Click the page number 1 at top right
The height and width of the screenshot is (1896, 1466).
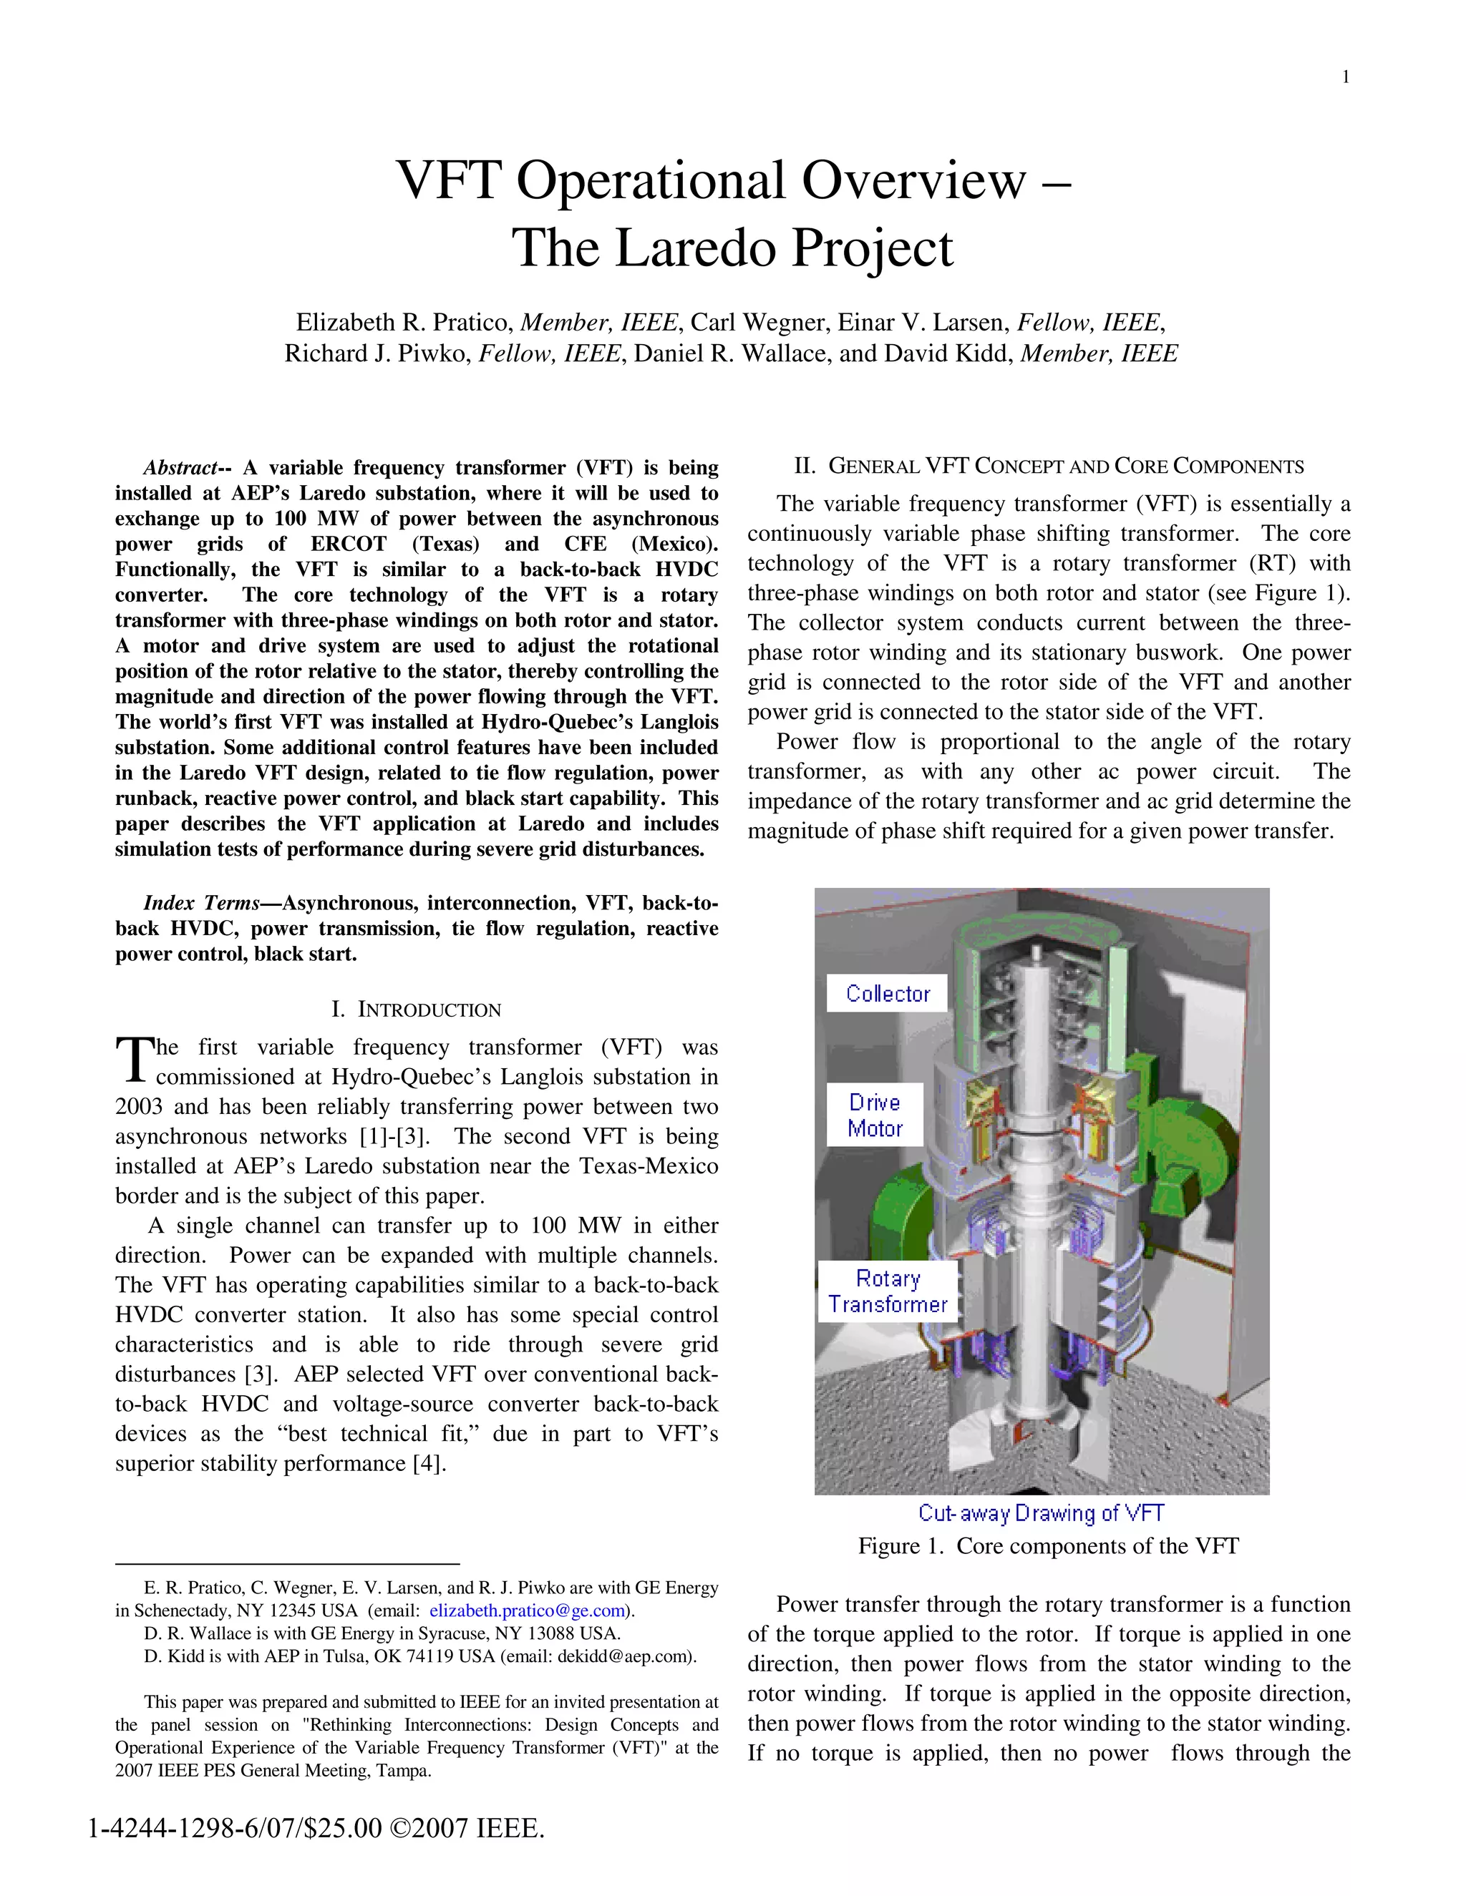coord(1345,77)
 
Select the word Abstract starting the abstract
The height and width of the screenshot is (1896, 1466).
coord(180,468)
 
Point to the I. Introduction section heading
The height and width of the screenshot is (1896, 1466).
coord(416,1010)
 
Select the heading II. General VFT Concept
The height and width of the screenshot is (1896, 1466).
coord(1048,467)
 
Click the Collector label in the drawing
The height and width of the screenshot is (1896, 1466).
coord(887,994)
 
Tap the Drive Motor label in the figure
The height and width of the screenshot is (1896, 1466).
coord(875,1115)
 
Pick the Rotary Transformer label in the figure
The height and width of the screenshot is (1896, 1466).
coord(888,1291)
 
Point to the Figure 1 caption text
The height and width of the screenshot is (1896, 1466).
coord(1048,1546)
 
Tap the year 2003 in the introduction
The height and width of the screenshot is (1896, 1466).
coord(140,1107)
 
